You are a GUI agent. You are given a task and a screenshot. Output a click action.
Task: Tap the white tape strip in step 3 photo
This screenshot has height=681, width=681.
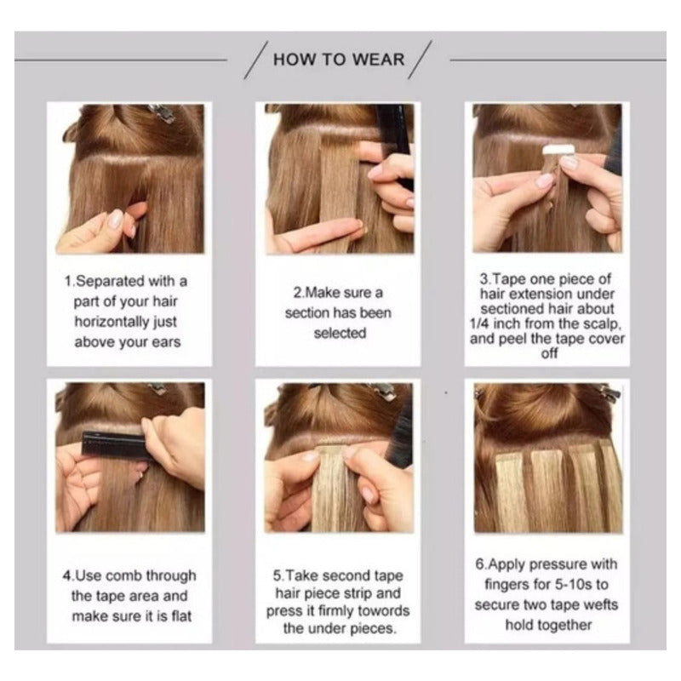coord(558,151)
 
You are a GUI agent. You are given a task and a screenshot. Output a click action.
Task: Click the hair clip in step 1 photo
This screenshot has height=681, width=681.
coord(162,112)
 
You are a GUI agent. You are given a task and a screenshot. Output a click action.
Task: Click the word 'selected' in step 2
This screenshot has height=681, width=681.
coord(340,333)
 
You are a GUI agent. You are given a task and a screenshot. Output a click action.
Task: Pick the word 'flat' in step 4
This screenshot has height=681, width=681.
coord(181,615)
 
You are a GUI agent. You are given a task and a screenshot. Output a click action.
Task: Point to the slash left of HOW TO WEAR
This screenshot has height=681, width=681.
coord(256,60)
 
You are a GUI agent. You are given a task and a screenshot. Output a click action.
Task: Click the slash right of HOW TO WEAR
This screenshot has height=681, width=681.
coord(420,60)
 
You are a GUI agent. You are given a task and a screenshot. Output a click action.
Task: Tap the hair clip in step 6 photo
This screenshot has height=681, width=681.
coord(610,393)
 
